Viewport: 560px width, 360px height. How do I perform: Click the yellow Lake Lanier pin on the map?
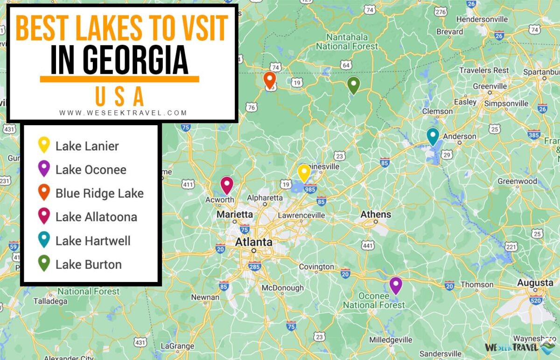(304, 172)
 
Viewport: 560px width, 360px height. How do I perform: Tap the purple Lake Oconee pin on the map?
(396, 285)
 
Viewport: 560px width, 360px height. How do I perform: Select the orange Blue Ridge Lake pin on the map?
(269, 80)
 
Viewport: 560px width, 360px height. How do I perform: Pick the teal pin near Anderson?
(433, 136)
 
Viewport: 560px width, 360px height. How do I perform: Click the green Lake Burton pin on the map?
(354, 85)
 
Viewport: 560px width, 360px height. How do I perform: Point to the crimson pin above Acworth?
(227, 184)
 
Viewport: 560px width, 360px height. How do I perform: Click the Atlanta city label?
(253, 242)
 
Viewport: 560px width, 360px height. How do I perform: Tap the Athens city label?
(376, 214)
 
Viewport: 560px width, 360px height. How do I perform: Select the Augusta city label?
(535, 283)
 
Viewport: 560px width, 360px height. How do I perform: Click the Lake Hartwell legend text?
(93, 241)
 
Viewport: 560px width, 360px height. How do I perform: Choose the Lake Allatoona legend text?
(96, 217)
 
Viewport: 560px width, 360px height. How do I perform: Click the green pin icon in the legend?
(44, 263)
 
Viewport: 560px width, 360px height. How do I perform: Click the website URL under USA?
(123, 113)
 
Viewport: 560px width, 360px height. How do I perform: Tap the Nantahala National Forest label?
(347, 42)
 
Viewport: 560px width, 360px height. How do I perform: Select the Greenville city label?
(490, 86)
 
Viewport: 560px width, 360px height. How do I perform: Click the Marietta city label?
(235, 214)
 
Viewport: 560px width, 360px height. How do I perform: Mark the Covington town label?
(316, 267)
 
